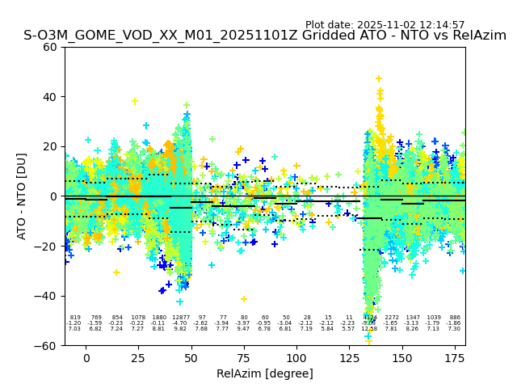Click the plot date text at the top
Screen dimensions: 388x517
tap(385, 25)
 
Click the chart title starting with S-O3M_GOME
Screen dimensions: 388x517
tap(265, 36)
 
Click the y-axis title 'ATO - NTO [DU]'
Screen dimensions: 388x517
tap(22, 196)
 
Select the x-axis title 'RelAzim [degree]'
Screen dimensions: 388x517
tap(265, 373)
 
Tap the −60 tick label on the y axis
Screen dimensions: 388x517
tap(48, 345)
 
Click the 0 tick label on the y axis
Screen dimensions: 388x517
tap(54, 196)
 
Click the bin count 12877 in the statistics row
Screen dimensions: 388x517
tap(180, 318)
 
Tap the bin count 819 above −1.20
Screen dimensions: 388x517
tap(75, 318)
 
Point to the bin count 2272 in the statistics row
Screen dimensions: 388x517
tap(392, 318)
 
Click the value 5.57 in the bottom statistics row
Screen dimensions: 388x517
tap(349, 329)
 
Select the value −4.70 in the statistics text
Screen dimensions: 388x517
tap(180, 323)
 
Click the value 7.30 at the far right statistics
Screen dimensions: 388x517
tap(455, 329)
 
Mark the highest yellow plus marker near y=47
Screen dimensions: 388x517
tap(379, 79)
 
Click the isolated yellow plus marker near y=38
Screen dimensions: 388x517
tap(135, 102)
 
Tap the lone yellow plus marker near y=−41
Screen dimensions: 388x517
tap(243, 299)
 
